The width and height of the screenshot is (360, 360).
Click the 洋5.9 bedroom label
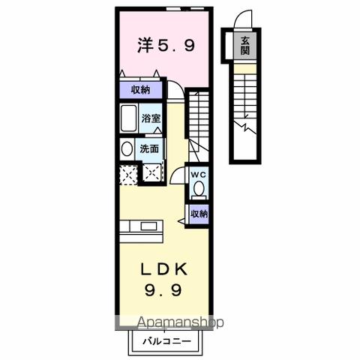pyautogui.click(x=166, y=46)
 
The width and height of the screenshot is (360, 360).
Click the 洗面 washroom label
pyautogui.click(x=149, y=148)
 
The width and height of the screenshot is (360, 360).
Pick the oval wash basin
pyautogui.click(x=126, y=148)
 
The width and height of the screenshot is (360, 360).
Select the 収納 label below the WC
pyautogui.click(x=197, y=214)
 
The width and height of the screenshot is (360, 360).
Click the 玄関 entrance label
pyautogui.click(x=244, y=46)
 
